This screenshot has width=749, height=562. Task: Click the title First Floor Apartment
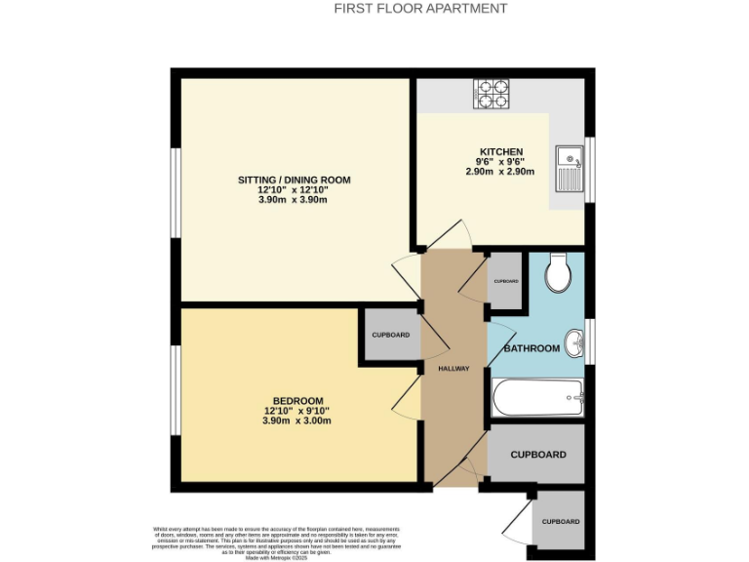(420, 9)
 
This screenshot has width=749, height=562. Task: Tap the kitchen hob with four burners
(492, 94)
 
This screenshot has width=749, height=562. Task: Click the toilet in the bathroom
(560, 273)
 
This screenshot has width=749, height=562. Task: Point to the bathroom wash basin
(576, 341)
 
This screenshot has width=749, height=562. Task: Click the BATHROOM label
(532, 348)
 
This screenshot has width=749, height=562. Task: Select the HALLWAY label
(453, 369)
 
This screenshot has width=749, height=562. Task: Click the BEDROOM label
(297, 401)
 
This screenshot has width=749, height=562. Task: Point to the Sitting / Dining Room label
(294, 181)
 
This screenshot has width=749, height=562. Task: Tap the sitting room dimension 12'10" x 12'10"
(294, 190)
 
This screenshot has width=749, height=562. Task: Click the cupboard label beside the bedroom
(390, 335)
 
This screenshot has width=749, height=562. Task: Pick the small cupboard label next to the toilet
(506, 281)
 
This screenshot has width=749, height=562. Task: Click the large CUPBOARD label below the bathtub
(538, 455)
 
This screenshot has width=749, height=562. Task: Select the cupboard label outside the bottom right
(561, 521)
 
